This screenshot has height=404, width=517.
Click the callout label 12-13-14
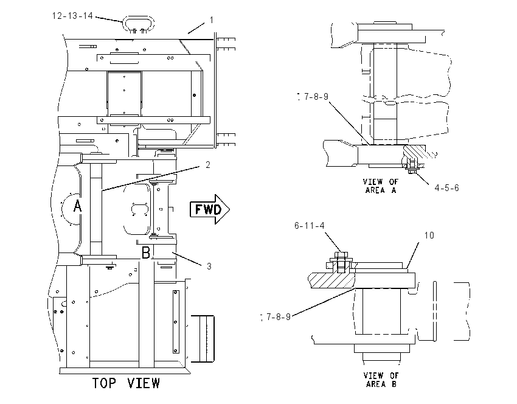pos(72,15)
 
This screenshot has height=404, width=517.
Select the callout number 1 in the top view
pos(212,20)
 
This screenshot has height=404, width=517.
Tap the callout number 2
pos(208,164)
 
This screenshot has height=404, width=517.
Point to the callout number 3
pos(209,266)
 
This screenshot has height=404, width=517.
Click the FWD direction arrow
pos(210,209)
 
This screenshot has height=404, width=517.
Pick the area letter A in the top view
pos(77,206)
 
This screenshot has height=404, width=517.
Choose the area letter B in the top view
pos(146,253)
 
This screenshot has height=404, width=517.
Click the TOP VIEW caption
pos(126,383)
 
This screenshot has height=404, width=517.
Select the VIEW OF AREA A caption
pos(381,186)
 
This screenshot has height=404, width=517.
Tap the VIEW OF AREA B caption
pos(381,380)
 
